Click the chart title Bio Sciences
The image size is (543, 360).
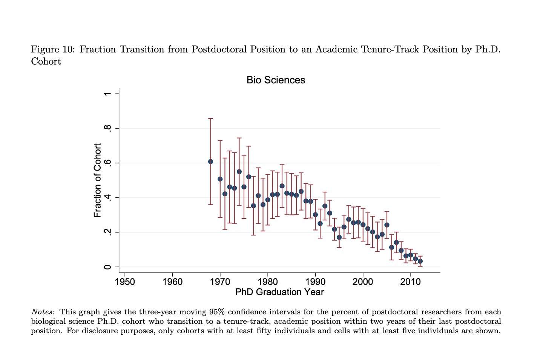(276, 80)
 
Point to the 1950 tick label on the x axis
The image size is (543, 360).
(125, 282)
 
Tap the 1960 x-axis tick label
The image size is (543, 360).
(172, 282)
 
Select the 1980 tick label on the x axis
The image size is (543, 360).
(267, 282)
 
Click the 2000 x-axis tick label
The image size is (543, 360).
(363, 282)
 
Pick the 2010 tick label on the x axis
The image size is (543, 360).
(410, 282)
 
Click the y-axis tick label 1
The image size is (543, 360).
(108, 94)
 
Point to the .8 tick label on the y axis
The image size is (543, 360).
(108, 128)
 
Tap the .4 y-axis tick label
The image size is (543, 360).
(108, 198)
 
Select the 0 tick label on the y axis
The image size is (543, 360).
(108, 267)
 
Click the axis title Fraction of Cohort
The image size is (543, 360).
(98, 180)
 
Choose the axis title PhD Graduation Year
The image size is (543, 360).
(279, 292)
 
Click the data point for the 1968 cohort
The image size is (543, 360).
(210, 162)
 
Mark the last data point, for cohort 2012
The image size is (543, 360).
(420, 261)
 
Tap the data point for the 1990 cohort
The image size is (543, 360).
(315, 215)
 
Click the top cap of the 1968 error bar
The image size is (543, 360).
(210, 118)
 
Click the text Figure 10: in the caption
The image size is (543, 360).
(53, 49)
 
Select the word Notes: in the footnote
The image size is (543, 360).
(43, 312)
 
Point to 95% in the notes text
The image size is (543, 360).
(217, 312)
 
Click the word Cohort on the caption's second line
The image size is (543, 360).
(46, 62)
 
